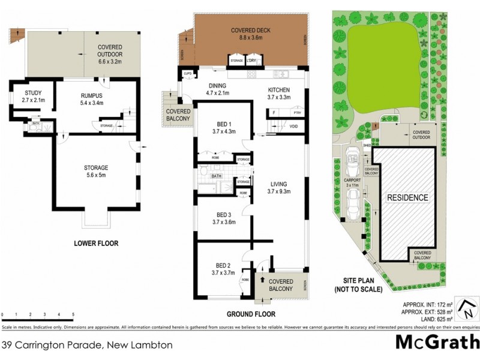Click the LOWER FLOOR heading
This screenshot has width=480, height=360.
coord(96,244)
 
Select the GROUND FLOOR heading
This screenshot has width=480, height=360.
coord(251,314)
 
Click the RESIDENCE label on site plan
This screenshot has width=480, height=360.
coord(407,197)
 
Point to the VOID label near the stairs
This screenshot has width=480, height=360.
coord(294,127)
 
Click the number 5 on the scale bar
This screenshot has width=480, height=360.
coord(73,314)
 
